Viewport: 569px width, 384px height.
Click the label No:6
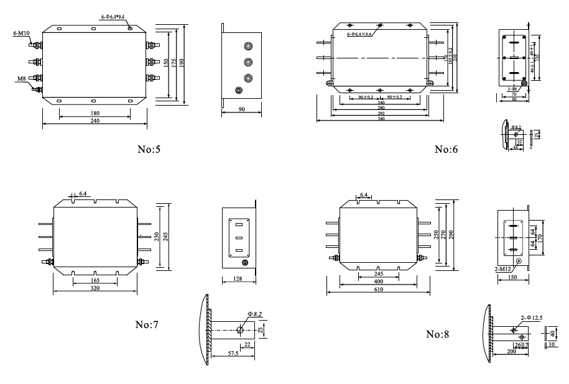tap(446, 149)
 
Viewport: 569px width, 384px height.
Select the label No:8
tap(438, 334)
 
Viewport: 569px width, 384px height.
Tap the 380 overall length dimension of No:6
tap(381, 118)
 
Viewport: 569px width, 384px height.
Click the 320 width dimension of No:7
tap(95, 289)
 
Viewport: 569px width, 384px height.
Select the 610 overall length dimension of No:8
tap(379, 289)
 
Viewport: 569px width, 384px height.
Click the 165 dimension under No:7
tap(95, 281)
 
